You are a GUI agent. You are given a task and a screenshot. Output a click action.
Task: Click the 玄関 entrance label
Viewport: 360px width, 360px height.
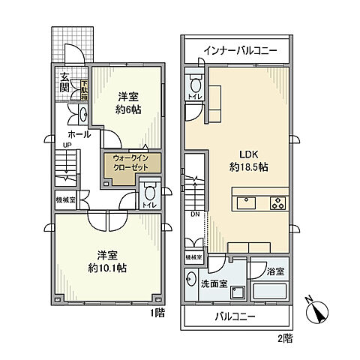click(x=65, y=82)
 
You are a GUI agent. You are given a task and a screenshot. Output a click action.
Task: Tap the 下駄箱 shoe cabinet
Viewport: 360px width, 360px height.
click(x=85, y=91)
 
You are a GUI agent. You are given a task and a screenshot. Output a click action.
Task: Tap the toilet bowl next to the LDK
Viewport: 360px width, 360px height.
click(x=195, y=83)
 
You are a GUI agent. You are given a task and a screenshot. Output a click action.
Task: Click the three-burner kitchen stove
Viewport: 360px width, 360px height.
click(x=277, y=202)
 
